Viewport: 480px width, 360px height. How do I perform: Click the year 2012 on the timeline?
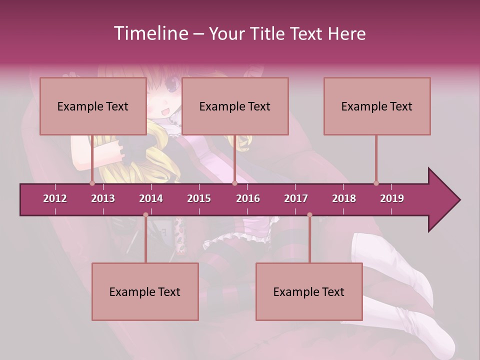pos(55,198)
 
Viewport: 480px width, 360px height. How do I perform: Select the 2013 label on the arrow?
pos(103,198)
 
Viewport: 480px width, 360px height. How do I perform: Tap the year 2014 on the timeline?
pos(151,198)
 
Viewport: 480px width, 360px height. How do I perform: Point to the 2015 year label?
pos(199,198)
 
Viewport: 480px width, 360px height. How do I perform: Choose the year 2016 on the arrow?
pos(248,198)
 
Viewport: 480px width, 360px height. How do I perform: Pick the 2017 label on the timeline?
pos(296,198)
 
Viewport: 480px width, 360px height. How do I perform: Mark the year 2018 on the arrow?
pos(344,198)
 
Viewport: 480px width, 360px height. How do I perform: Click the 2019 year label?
pos(392,198)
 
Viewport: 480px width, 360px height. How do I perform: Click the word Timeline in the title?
pos(150,33)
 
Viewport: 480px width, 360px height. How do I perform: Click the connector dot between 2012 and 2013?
pos(92,183)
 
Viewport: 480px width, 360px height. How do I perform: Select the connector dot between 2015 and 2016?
pos(234,183)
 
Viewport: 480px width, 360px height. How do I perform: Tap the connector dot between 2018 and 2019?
pos(376,183)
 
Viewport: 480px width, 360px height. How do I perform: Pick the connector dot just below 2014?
pos(145,215)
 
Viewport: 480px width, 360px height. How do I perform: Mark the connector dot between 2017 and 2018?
pos(309,215)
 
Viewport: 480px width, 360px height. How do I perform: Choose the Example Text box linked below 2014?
pos(145,291)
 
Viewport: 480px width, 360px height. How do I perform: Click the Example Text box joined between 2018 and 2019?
pos(377,106)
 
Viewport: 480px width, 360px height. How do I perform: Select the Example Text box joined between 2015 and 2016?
pos(235,106)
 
